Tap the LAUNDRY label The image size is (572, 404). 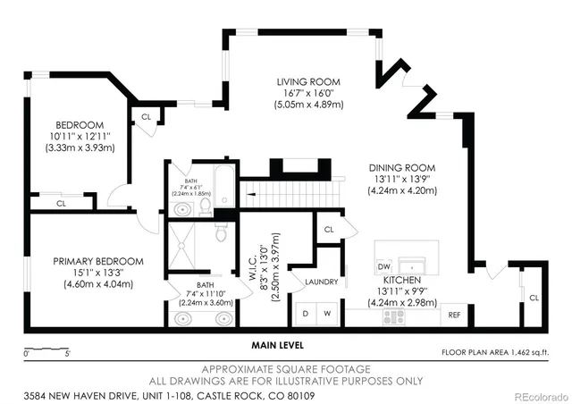[x=321, y=282]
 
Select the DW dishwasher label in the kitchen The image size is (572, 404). [x=383, y=266]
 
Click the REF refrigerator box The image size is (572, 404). [x=454, y=315]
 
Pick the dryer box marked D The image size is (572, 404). [x=307, y=315]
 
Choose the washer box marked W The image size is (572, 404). [x=327, y=315]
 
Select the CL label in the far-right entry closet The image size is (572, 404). [x=534, y=297]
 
